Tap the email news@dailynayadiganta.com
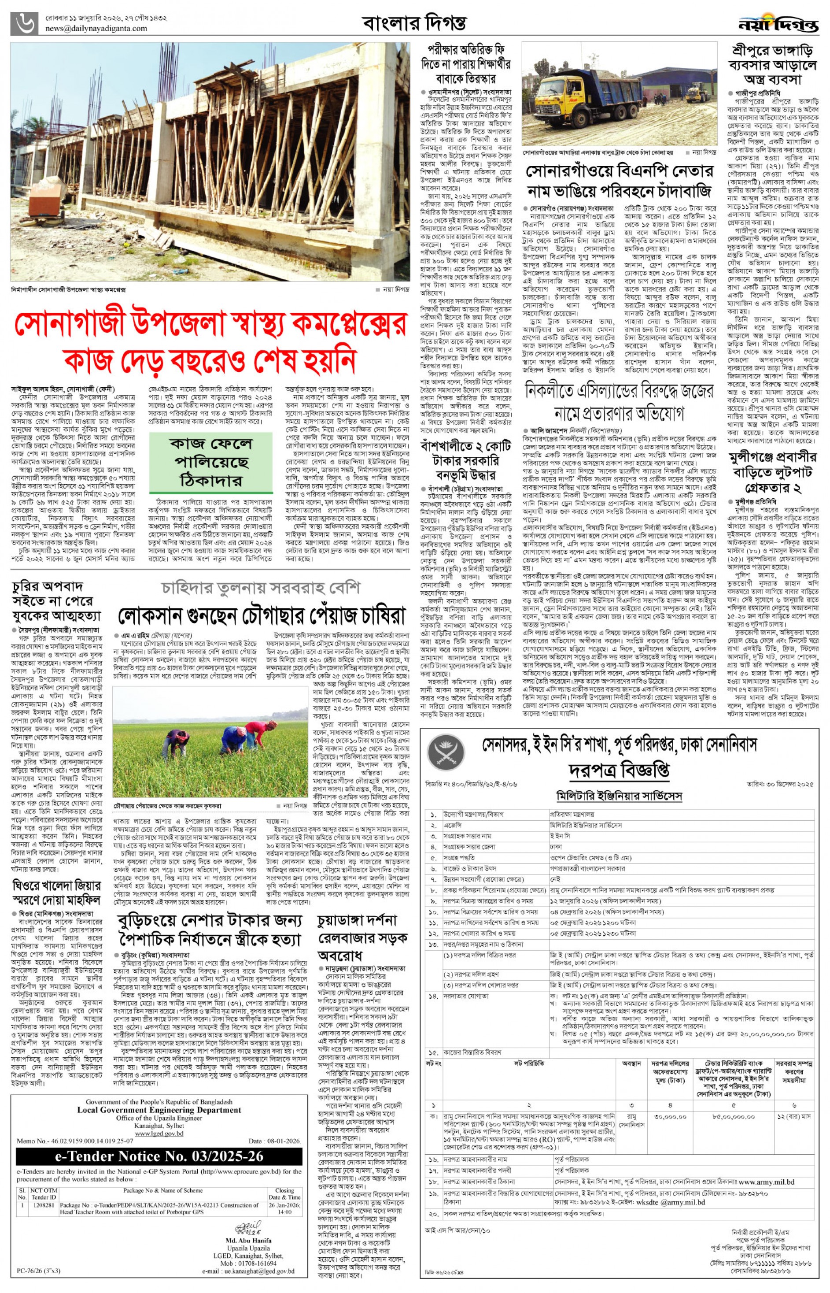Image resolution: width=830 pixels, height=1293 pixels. click(x=96, y=29)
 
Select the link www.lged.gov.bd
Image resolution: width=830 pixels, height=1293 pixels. click(x=159, y=1134)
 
